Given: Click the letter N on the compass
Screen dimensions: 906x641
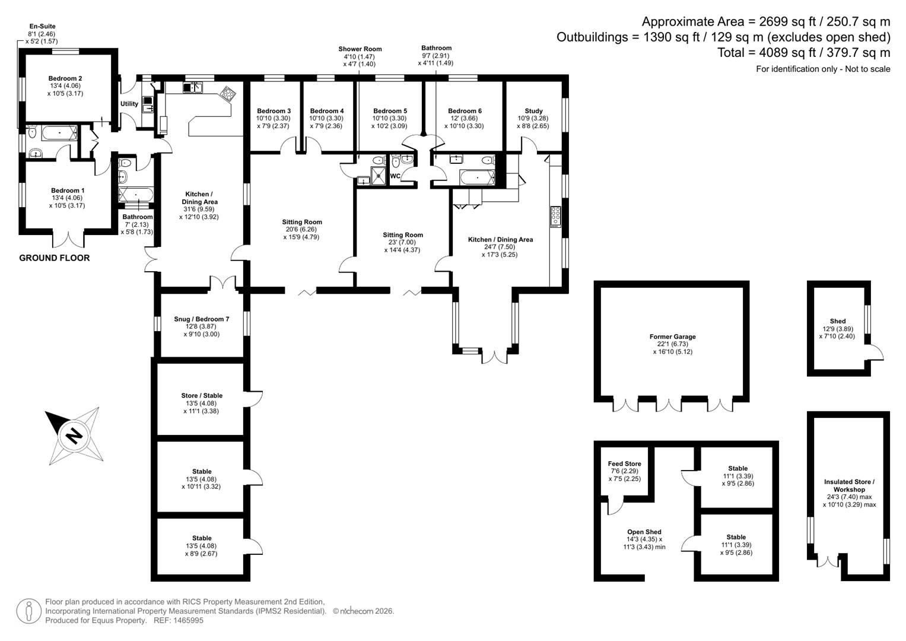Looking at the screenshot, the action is point(74,436).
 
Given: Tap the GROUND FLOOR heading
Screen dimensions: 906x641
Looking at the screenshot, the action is point(55,258).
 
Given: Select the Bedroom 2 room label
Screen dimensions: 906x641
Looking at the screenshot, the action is point(65,78).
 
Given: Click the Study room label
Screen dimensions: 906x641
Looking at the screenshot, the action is point(533,111).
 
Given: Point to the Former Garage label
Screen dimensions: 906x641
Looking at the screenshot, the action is point(673,337).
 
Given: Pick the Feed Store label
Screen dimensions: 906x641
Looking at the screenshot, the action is point(625,464).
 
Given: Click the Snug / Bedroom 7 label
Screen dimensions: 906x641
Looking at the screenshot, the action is point(201,319).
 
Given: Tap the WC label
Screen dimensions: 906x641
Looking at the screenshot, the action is point(395,176).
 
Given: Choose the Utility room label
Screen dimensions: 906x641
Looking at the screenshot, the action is point(129,104).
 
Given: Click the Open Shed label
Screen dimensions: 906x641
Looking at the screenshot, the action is point(644,532).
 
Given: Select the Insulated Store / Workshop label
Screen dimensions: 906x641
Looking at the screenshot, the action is point(849,485).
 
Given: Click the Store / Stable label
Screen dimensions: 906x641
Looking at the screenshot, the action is point(202,395).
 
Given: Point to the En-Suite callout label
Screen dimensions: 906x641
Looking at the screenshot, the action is point(43,26).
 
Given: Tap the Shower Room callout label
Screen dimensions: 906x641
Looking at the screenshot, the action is point(360,49).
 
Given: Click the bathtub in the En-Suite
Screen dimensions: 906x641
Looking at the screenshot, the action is point(59,133).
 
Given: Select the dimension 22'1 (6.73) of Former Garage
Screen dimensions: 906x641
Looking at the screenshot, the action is point(673,344).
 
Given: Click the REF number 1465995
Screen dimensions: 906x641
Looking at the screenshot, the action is point(179,620).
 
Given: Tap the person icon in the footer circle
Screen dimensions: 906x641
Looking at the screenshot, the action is point(28,611).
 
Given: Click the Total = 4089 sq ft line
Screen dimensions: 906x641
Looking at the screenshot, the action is point(804,53).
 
